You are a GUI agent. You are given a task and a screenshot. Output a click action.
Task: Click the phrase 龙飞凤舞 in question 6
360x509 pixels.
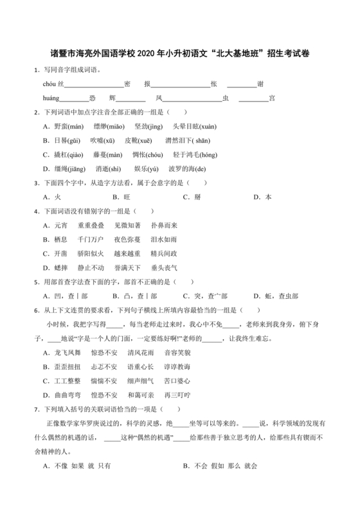pyautogui.click(x=67, y=352)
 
